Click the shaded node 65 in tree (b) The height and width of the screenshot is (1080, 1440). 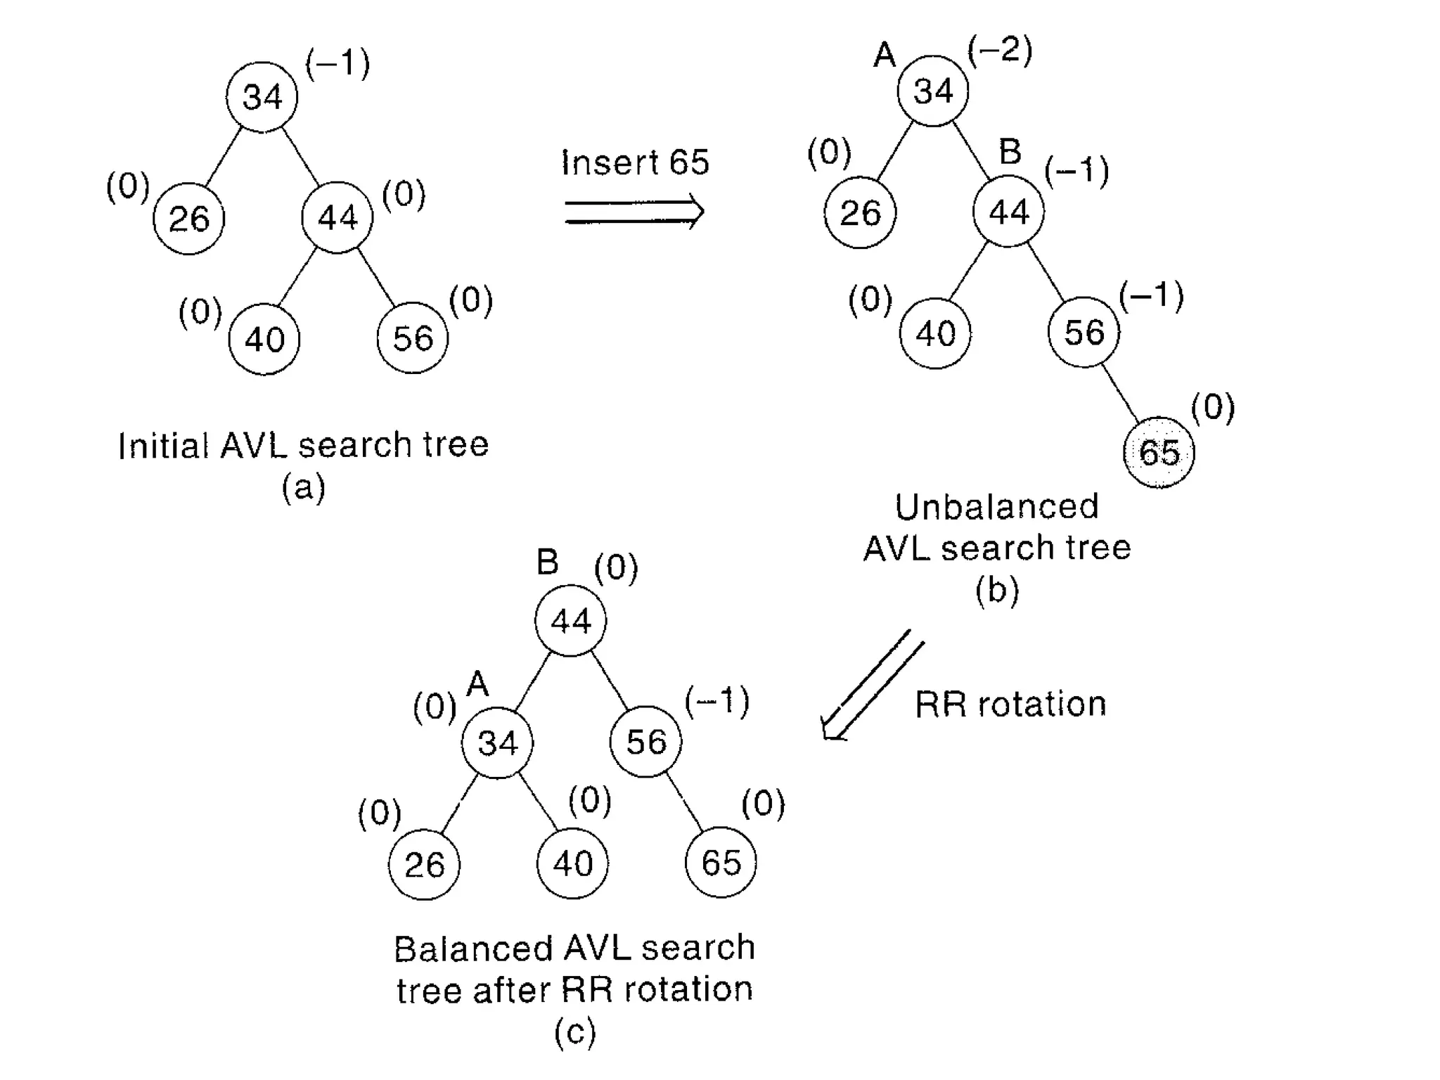tap(1159, 452)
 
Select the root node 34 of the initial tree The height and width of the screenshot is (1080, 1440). tap(262, 96)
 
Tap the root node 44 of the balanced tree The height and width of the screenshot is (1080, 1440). tap(570, 621)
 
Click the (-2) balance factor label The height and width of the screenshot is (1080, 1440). tap(1000, 51)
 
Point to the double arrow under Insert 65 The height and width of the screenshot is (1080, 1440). tap(634, 212)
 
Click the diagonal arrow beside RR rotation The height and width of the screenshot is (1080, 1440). tap(872, 686)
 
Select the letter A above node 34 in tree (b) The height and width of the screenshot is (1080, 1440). tap(885, 55)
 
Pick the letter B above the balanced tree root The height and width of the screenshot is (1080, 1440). tap(548, 562)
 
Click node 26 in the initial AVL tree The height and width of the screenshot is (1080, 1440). tap(188, 219)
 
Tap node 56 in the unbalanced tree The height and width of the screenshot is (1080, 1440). tap(1084, 332)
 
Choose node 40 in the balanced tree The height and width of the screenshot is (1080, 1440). tap(572, 863)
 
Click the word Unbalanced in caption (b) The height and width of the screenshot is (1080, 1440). tap(996, 507)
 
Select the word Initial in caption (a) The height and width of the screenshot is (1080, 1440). tap(163, 445)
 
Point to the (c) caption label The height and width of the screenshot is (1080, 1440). tap(574, 1032)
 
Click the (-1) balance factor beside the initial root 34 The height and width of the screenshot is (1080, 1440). tap(337, 63)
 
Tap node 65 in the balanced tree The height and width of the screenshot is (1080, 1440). tap(721, 863)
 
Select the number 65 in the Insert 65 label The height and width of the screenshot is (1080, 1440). tap(689, 162)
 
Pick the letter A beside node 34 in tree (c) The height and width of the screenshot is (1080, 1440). tap(477, 683)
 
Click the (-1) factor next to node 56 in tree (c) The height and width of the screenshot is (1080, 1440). tap(717, 702)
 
